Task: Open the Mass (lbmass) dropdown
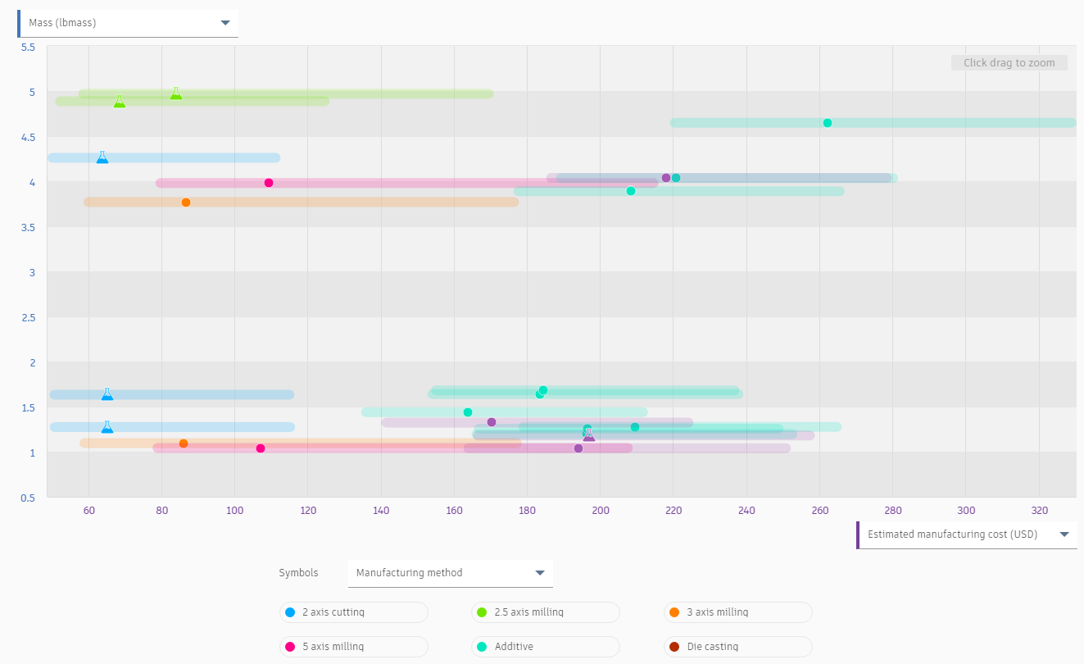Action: coord(128,23)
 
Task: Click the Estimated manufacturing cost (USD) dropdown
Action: coord(967,534)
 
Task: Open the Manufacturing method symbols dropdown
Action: coord(450,573)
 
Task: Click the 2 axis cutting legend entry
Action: coord(353,612)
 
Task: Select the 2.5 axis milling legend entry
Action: coord(545,612)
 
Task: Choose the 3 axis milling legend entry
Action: coord(737,612)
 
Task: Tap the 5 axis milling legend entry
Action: coord(353,647)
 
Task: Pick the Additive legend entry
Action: coord(545,647)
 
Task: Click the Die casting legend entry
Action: coord(737,647)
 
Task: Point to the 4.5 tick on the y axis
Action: coord(27,137)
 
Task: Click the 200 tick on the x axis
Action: coord(601,511)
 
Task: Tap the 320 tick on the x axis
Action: coord(1039,511)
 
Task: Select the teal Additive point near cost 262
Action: coord(828,123)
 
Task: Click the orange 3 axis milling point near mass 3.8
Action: coord(186,202)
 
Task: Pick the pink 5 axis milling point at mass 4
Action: coord(269,183)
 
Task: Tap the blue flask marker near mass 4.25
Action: coord(102,157)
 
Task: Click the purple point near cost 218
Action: coord(666,178)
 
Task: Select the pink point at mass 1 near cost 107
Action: coord(261,448)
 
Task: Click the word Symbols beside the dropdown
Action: coord(298,573)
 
